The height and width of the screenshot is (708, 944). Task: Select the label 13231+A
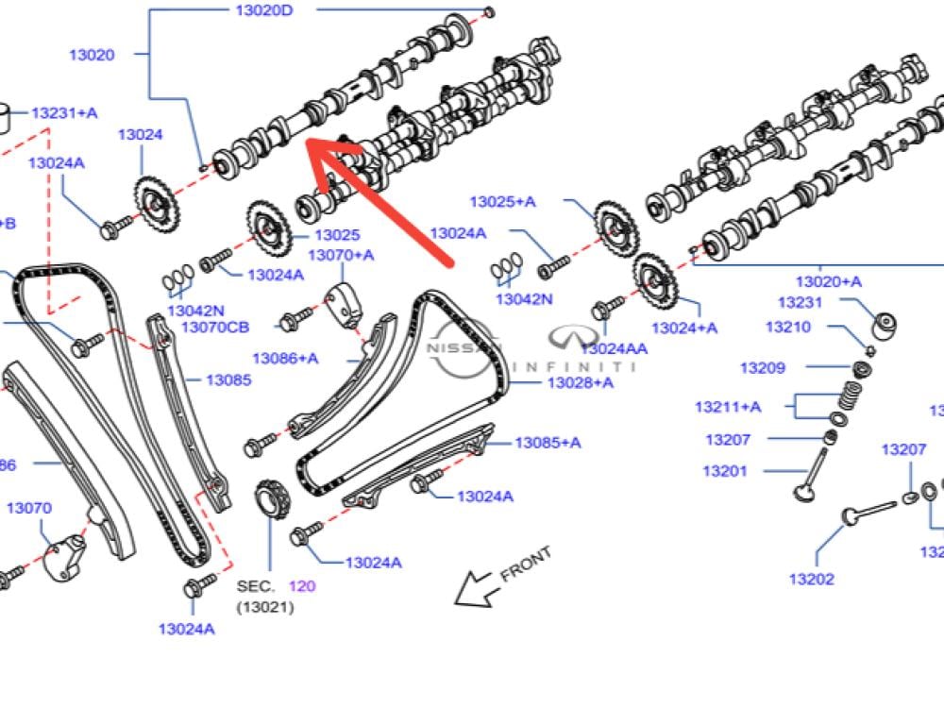(64, 113)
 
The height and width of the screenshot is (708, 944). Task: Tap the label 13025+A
(502, 201)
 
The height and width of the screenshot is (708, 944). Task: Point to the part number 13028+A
(580, 382)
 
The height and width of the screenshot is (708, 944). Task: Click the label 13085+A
(548, 442)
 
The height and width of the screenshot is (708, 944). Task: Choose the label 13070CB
(215, 328)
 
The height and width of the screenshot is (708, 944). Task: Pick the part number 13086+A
(285, 358)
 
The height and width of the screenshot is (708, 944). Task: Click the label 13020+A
(828, 281)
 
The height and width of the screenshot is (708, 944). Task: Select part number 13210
(787, 327)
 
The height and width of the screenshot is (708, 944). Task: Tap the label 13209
(762, 368)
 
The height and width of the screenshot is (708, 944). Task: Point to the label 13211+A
(728, 407)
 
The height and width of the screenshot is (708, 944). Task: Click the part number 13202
(812, 579)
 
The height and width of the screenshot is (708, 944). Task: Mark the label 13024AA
(615, 348)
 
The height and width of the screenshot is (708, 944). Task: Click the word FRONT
(525, 564)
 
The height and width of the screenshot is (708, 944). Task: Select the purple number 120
(302, 586)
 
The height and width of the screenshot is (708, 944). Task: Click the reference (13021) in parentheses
(265, 607)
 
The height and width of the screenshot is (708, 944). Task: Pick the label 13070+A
(341, 255)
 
